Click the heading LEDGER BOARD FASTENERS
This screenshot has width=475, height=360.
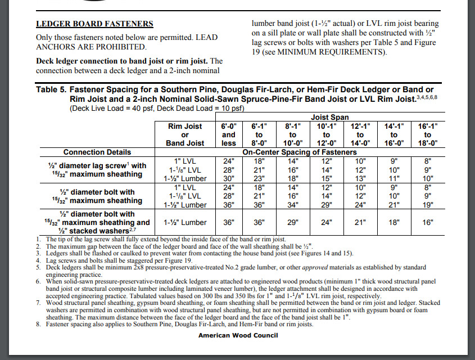(94, 24)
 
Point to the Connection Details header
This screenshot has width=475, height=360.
(97, 152)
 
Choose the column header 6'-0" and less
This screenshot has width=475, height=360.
(229, 135)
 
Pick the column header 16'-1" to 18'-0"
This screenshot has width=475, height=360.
(427, 135)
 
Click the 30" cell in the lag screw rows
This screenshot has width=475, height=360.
(229, 178)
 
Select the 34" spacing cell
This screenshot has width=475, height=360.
(293, 204)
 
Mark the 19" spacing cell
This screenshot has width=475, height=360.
(427, 204)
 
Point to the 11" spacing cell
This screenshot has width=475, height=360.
(393, 178)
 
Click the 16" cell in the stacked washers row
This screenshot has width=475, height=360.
(427, 222)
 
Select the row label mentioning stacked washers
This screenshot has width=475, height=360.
(97, 222)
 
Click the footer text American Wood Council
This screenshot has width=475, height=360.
(238, 335)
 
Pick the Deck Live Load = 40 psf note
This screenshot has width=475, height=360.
(110, 107)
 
